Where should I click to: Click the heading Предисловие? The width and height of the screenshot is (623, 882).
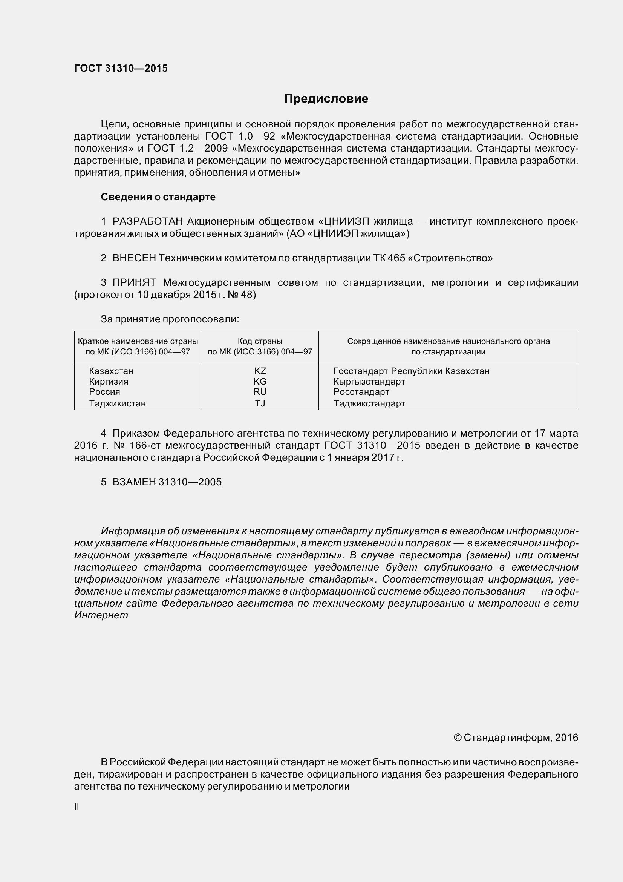(326, 99)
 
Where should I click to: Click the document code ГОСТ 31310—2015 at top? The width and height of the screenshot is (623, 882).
(121, 68)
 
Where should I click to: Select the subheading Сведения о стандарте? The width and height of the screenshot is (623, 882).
(158, 197)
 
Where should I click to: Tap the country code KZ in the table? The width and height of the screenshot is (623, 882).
(260, 371)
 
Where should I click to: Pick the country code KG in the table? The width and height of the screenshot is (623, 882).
(260, 382)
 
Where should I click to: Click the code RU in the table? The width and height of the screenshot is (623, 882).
(260, 392)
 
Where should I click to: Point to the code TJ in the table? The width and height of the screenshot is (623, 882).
(260, 403)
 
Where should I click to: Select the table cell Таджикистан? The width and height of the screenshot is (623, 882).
(118, 403)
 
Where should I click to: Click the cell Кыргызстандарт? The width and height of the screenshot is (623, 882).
(369, 382)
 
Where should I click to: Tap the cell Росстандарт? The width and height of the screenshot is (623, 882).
(361, 392)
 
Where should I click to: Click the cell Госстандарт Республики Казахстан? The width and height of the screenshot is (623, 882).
(411, 371)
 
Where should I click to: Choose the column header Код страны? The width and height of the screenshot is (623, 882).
(260, 341)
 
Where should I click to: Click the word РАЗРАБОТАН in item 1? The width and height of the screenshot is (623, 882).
(147, 221)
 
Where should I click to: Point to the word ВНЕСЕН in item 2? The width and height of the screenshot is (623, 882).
(134, 258)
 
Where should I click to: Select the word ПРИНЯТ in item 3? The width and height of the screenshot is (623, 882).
(134, 282)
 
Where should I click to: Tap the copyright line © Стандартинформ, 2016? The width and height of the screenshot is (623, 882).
(516, 738)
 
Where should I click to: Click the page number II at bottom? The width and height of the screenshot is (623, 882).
(77, 807)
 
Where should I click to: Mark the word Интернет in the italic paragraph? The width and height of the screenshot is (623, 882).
(101, 615)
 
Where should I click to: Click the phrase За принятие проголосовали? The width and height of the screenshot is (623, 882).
(170, 319)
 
